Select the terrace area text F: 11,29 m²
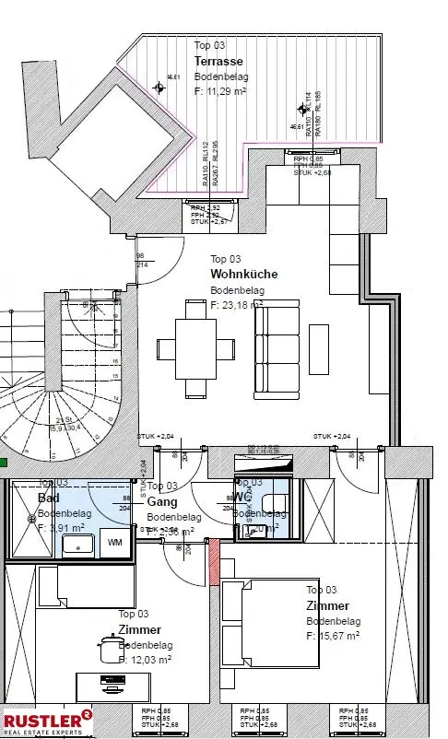[x=219, y=92]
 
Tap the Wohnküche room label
[x=243, y=274]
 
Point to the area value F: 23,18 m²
[x=236, y=303]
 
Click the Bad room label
[x=48, y=498]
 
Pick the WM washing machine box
[x=114, y=543]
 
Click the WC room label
[x=243, y=497]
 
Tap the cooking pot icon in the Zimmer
[x=108, y=650]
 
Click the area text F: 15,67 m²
[x=333, y=635]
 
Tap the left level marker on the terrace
[x=160, y=88]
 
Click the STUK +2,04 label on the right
[x=332, y=436]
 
